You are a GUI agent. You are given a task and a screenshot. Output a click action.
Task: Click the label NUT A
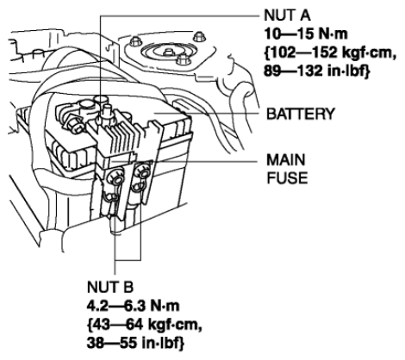click(x=287, y=16)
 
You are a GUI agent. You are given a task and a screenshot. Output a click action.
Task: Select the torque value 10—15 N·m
click(x=306, y=34)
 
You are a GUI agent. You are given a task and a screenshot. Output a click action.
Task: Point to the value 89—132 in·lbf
click(x=316, y=71)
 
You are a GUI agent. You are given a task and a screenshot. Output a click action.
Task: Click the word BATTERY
click(x=301, y=114)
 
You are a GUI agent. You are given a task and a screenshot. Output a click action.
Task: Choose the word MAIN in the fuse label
click(x=286, y=159)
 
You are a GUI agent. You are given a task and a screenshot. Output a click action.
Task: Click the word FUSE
click(x=287, y=178)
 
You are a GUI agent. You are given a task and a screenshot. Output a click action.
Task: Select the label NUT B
click(x=110, y=287)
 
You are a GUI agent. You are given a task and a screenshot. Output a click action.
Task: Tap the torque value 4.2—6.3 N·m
click(x=133, y=306)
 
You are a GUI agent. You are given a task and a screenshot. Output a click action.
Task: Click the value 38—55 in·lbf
click(x=135, y=343)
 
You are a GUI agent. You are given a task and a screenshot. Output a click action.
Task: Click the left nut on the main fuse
click(x=115, y=177)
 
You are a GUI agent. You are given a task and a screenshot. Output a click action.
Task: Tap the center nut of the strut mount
click(x=169, y=52)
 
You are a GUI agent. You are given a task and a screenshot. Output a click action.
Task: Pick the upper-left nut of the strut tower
click(x=135, y=41)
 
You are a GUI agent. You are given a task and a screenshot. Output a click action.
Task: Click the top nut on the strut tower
click(x=199, y=36)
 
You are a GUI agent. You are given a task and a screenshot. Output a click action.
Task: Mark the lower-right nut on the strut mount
click(x=182, y=60)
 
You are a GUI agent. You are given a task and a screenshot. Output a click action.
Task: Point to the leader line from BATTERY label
click(x=207, y=114)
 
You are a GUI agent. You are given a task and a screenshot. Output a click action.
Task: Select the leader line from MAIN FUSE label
click(x=184, y=161)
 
